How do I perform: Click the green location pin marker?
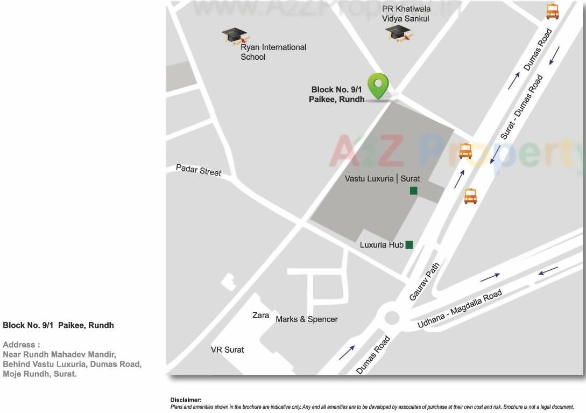pos(378,86)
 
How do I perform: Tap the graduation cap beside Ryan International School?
pos(235,36)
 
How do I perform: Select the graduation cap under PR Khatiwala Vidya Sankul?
pos(399,33)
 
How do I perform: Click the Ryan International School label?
pos(273,52)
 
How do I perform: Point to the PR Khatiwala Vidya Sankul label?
pos(406,13)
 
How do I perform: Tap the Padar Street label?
pos(199,170)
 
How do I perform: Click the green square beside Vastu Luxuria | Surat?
pos(413,190)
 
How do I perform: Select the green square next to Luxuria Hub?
pos(409,244)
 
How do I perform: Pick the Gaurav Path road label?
pos(425,282)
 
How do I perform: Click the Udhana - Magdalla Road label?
pos(460,309)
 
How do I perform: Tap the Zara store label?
pos(261,315)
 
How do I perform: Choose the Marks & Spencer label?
pos(307,319)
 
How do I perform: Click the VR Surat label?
pos(227,349)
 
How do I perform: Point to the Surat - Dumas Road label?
pos(521,107)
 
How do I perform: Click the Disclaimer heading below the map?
pos(186,400)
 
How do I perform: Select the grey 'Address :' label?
pos(22,345)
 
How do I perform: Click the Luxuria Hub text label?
pos(382,245)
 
